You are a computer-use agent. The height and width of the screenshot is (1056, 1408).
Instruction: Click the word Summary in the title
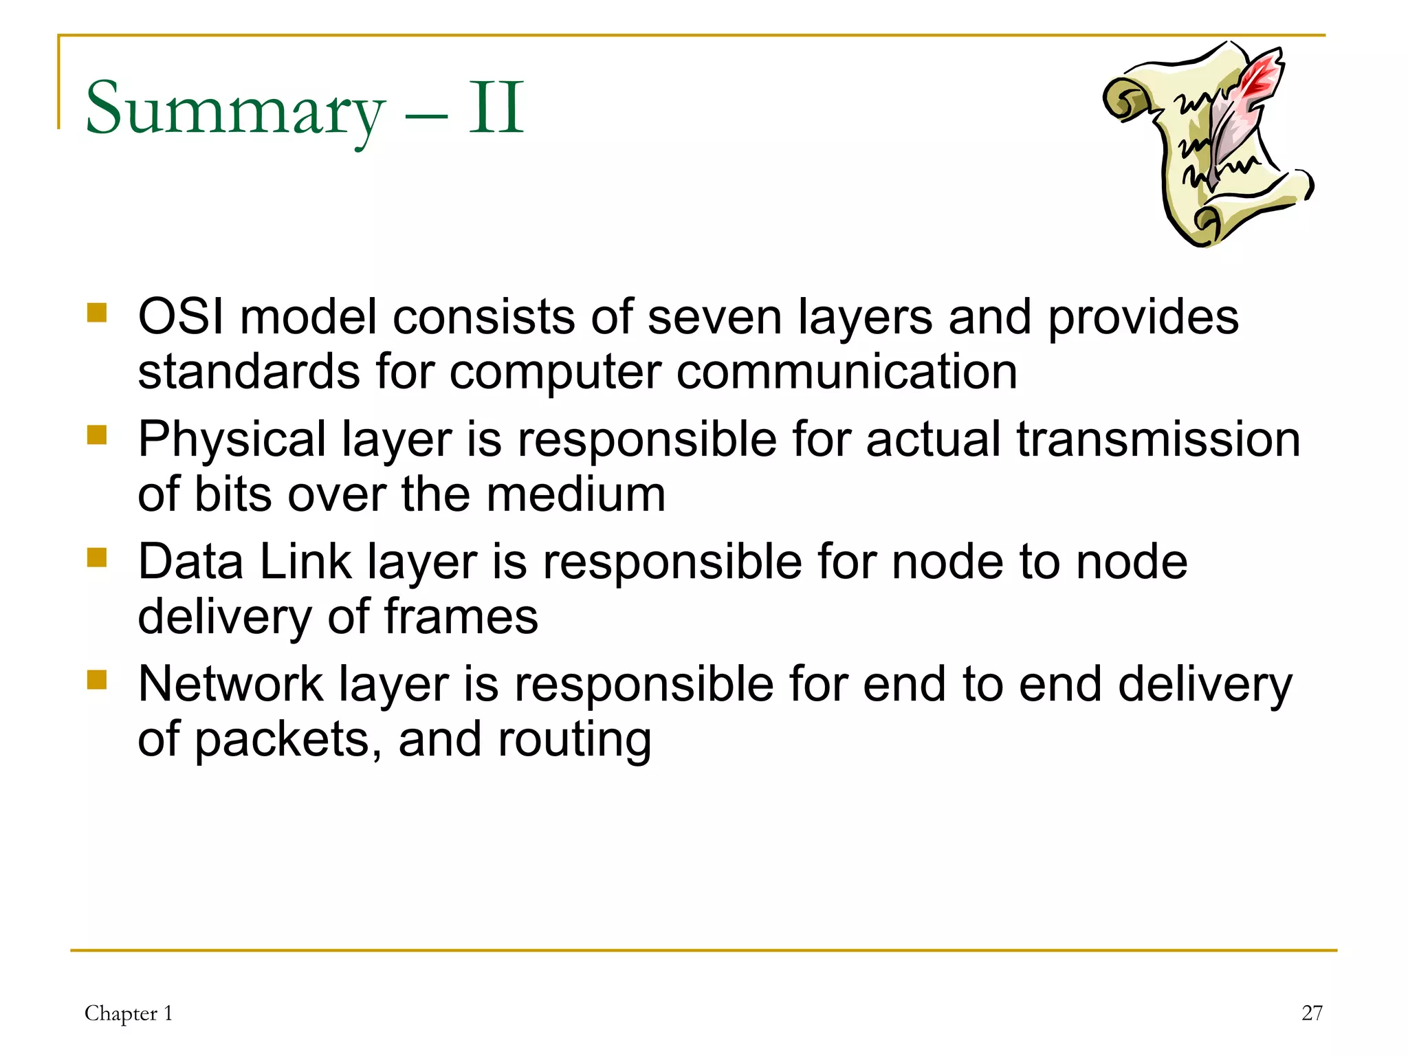click(x=234, y=110)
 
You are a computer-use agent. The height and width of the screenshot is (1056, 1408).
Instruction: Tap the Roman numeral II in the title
click(x=496, y=108)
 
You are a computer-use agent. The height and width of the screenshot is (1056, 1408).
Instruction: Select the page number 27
click(x=1312, y=1013)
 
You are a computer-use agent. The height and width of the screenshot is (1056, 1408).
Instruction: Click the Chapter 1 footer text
click(x=129, y=1013)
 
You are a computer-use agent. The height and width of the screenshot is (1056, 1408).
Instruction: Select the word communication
click(x=846, y=372)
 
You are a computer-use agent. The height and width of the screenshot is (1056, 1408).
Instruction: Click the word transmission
click(x=1158, y=440)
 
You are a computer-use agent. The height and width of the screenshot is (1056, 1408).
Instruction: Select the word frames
click(x=461, y=617)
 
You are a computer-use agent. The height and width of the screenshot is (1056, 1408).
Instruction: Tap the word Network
click(x=230, y=685)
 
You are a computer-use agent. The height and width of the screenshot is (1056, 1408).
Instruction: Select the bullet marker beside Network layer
click(x=97, y=679)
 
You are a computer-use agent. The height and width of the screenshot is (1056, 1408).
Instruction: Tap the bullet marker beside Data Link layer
click(x=97, y=557)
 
